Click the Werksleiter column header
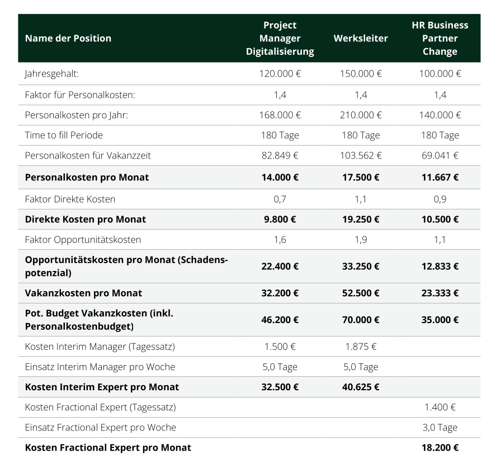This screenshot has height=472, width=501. point(361,38)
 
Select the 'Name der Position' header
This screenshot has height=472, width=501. point(68,38)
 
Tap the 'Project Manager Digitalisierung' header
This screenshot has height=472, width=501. point(280,38)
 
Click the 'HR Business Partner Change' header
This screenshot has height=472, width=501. point(440,38)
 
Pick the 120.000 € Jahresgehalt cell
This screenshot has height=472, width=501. point(280,73)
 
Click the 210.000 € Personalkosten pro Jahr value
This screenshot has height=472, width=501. point(361,115)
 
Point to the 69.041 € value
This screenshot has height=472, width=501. point(440,155)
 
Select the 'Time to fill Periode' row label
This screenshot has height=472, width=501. point(64,135)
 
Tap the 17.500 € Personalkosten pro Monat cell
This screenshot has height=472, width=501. point(361,177)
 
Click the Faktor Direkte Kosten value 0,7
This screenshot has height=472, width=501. point(280,199)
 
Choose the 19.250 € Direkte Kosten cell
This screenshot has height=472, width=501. point(361,219)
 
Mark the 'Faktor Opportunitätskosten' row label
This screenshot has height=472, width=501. point(83,240)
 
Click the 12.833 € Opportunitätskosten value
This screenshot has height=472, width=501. point(440,266)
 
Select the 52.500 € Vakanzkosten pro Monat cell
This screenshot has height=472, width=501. point(361,293)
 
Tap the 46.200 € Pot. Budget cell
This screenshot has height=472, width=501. point(280,320)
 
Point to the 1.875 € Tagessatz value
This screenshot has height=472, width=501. point(361,347)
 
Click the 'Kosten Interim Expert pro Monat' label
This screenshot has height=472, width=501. point(102,387)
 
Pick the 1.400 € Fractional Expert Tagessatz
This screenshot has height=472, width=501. point(440,407)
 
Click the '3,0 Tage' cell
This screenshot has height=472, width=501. point(440,427)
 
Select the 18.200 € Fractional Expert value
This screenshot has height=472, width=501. point(440,447)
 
